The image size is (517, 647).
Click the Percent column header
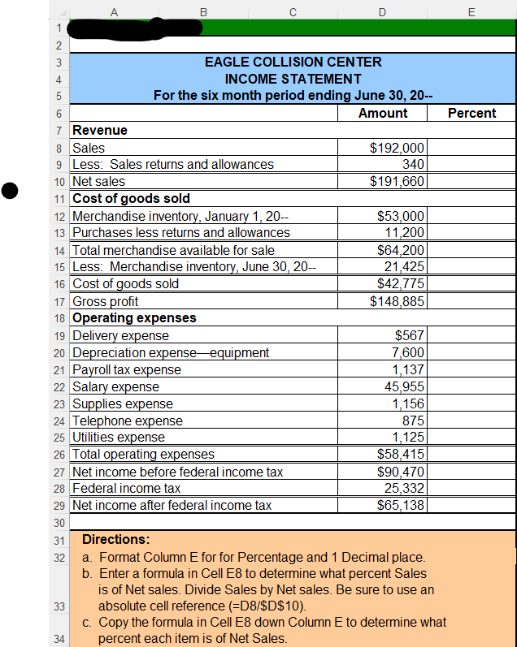point(471,113)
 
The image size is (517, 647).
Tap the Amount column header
point(383,113)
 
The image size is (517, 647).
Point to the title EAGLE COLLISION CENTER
point(293,62)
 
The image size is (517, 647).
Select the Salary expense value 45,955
point(404,386)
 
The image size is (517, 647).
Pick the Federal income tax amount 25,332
point(404,488)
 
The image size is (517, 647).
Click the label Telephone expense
point(128,421)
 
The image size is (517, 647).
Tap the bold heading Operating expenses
point(134,317)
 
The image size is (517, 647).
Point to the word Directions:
point(116,539)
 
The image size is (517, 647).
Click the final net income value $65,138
point(401,505)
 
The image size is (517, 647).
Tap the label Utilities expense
point(119,438)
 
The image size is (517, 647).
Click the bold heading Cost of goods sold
point(132,198)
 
